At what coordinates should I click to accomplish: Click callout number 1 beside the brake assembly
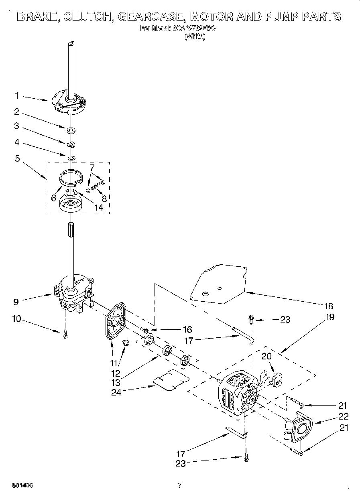coord(16,96)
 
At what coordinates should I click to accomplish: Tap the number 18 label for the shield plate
coord(328,306)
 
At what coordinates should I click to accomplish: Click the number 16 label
coord(187,330)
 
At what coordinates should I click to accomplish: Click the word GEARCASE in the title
coord(153,17)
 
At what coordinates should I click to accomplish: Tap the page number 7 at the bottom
coord(180,486)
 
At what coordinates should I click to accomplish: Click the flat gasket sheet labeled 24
coord(172,380)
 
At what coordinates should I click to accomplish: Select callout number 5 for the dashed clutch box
coord(16,158)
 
